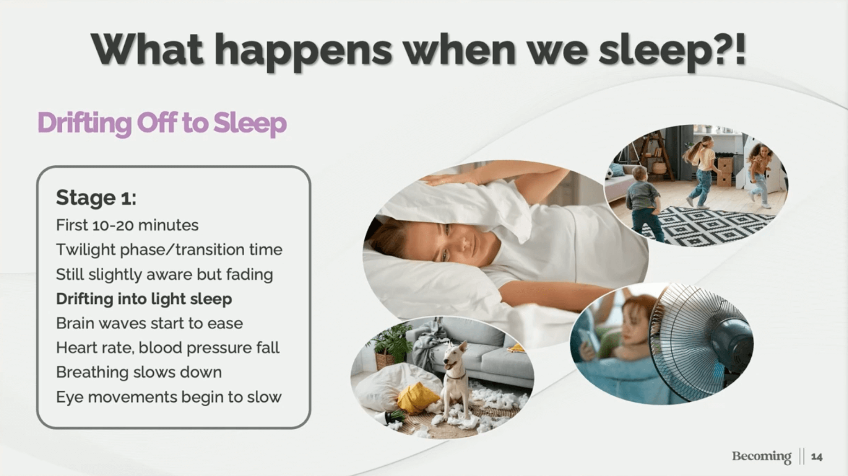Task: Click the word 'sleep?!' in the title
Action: [x=672, y=51]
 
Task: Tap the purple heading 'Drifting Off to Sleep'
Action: [x=162, y=123]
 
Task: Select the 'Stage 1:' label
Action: [x=96, y=198]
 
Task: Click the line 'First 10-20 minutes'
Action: [x=127, y=225]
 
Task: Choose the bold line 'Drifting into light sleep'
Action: [x=144, y=299]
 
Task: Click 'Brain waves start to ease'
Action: [x=149, y=323]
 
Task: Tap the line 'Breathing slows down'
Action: [x=139, y=372]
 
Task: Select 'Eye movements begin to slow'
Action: [x=169, y=397]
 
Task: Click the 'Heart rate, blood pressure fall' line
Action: [x=167, y=348]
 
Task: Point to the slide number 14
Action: [x=817, y=457]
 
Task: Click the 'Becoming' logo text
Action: [x=762, y=456]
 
